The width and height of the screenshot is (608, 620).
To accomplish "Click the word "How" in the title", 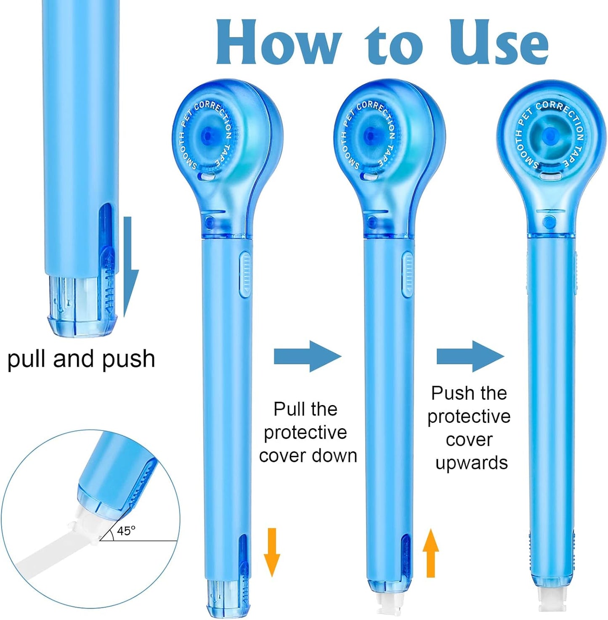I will pos(278,42).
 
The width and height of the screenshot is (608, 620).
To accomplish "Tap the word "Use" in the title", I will pos(499,42).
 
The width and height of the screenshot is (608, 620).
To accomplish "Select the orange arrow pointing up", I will pos(430,553).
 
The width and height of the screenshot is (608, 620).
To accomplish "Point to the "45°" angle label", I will pos(126,531).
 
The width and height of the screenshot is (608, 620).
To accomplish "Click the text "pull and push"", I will pos(81,359).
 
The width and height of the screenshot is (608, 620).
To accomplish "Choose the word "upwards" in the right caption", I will pos(472,463).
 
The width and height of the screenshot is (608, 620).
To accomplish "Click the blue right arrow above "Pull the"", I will pos(308,356).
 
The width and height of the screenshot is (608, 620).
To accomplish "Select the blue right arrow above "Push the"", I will pos(470,356).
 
